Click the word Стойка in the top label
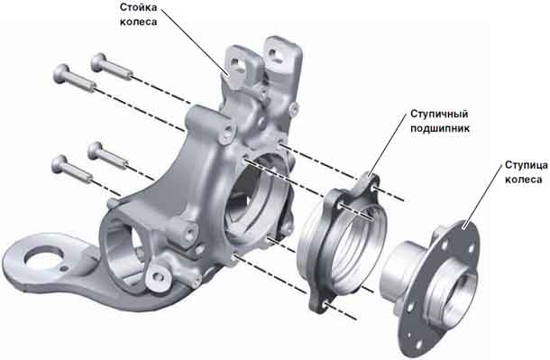click(138, 7)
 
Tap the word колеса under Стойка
click(138, 22)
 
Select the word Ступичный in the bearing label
click(439, 115)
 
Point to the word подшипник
click(440, 128)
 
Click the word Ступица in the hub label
click(527, 165)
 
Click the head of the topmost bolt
click(98, 61)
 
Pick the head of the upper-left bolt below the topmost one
click(61, 74)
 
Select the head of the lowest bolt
click(60, 164)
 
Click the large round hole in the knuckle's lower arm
click(44, 258)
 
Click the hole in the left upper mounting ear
click(239, 66)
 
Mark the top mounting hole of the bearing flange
click(375, 188)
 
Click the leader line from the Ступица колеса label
click(483, 197)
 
